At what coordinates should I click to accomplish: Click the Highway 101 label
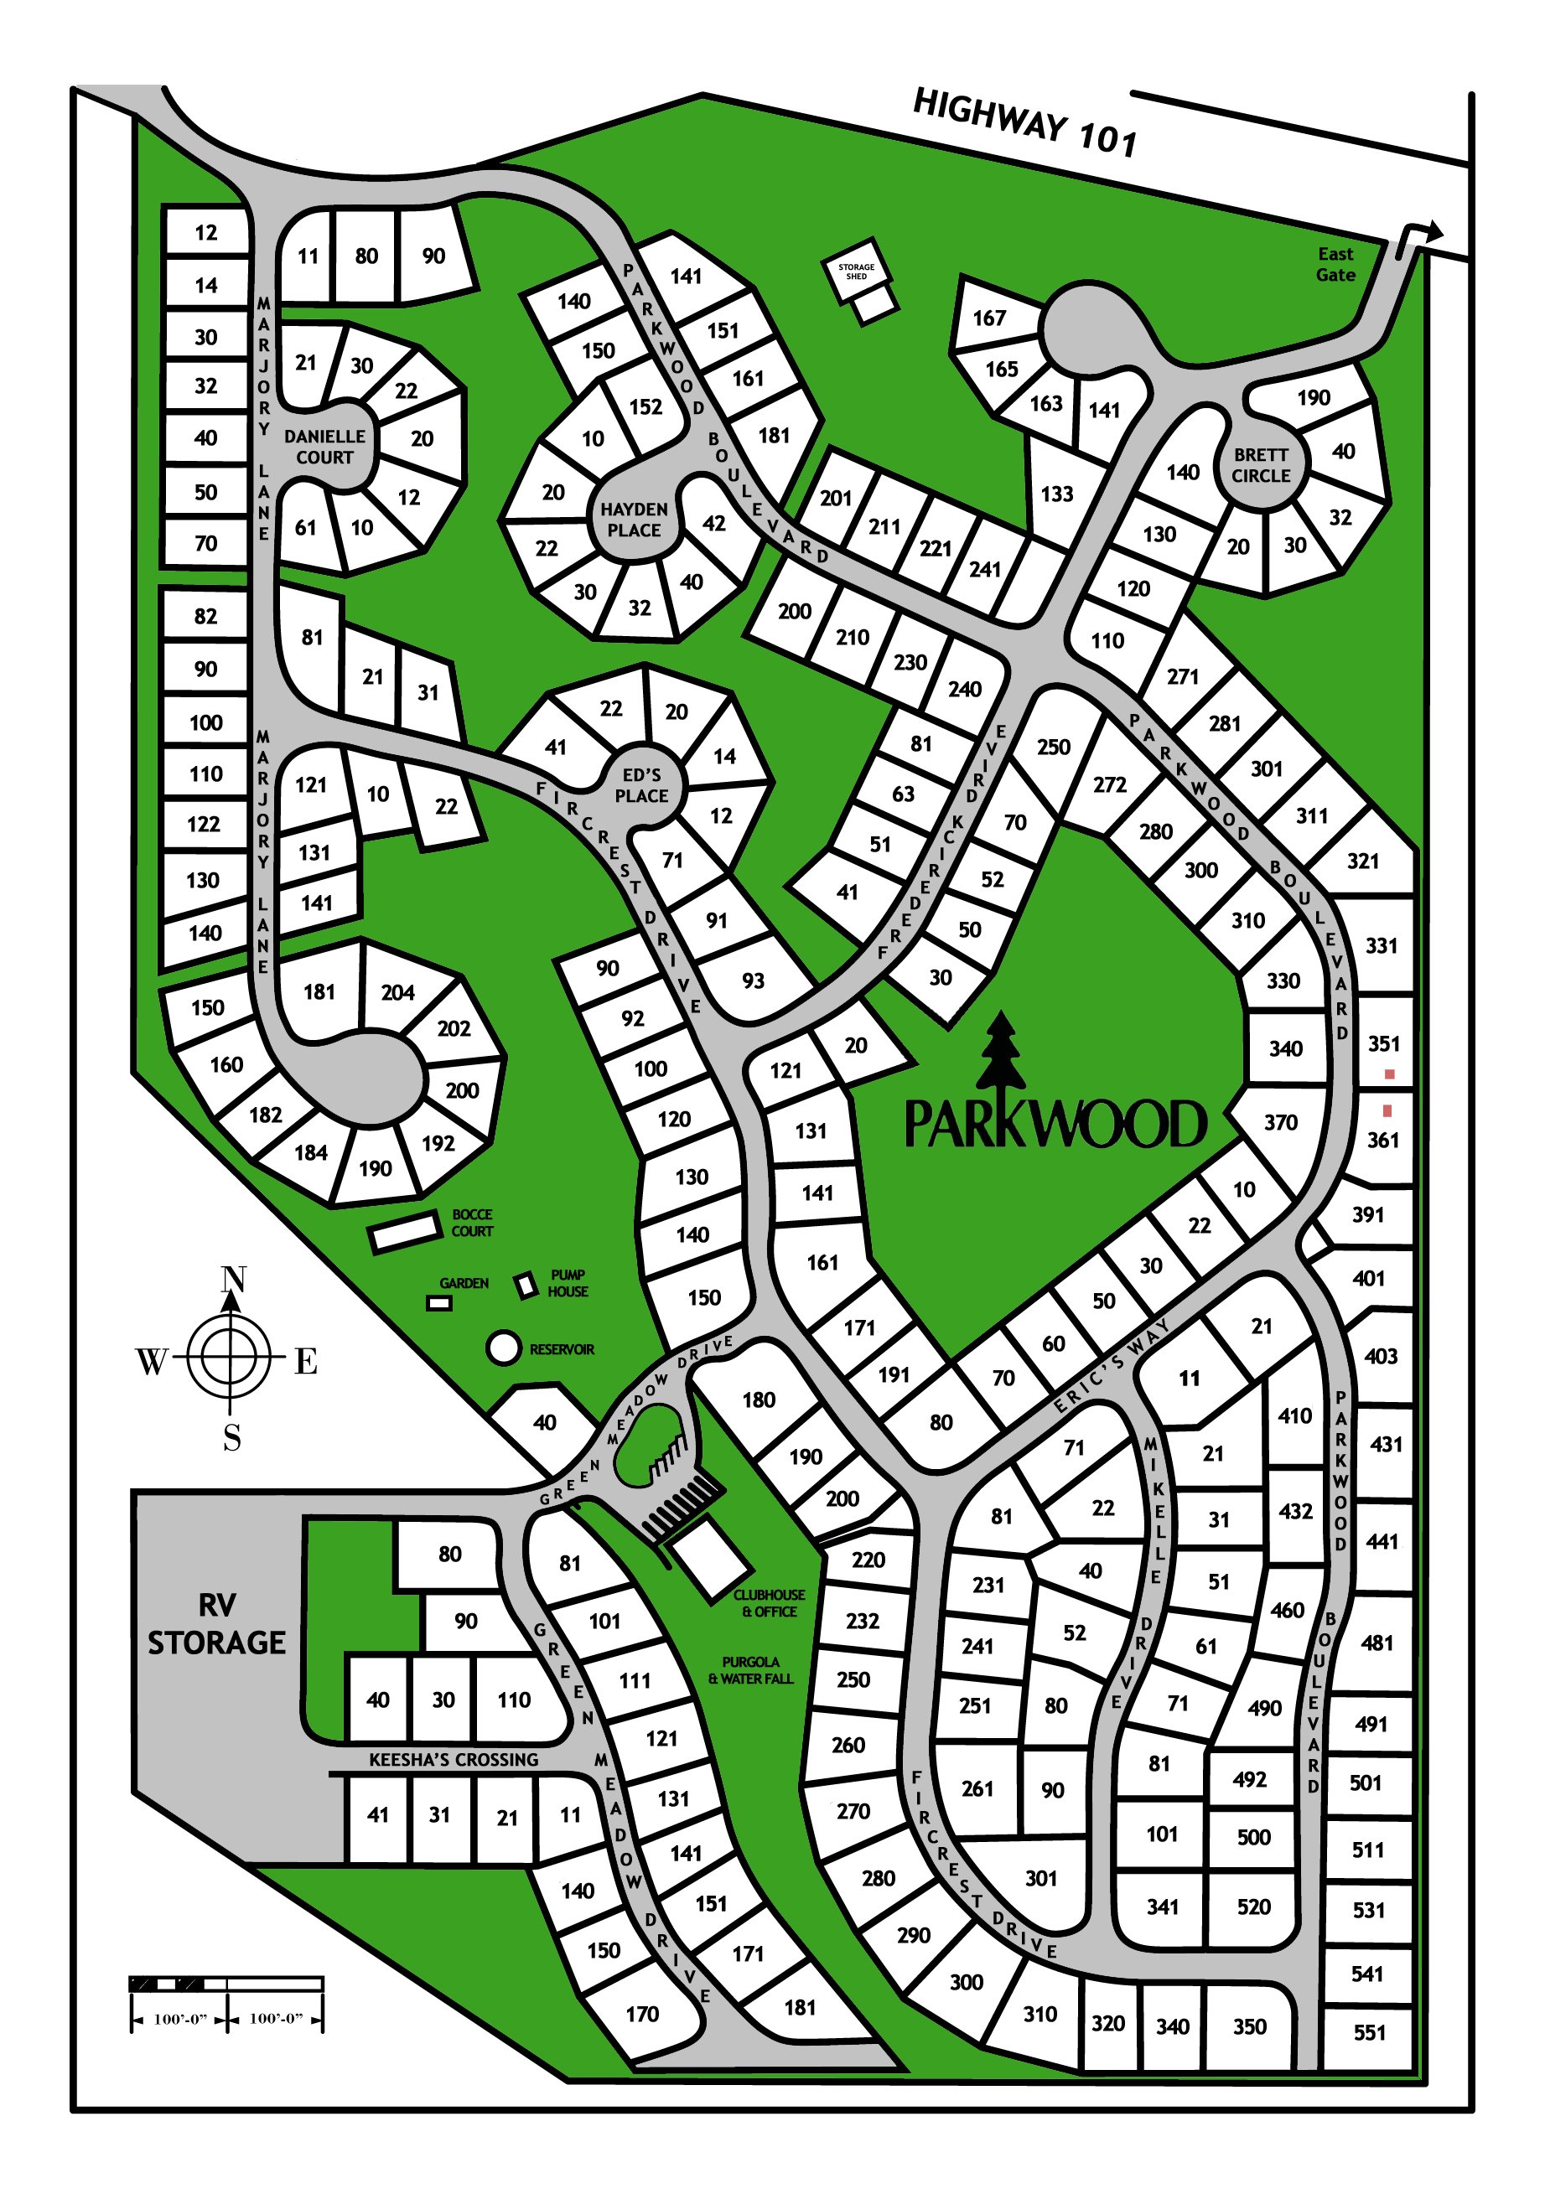tap(1025, 122)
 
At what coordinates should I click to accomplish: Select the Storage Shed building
tap(856, 270)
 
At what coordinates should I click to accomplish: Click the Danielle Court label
tap(324, 447)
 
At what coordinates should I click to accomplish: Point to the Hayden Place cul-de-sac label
tap(633, 519)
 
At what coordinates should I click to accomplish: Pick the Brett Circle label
tap(1261, 464)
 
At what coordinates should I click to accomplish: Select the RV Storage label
tap(216, 1623)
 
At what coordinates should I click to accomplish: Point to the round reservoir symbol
tap(503, 1348)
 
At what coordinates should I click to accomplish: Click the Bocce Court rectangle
tap(404, 1232)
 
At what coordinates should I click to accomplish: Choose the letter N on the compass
tap(233, 1280)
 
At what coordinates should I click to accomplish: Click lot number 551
tap(1369, 2031)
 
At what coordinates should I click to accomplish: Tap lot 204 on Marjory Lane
tap(397, 992)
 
